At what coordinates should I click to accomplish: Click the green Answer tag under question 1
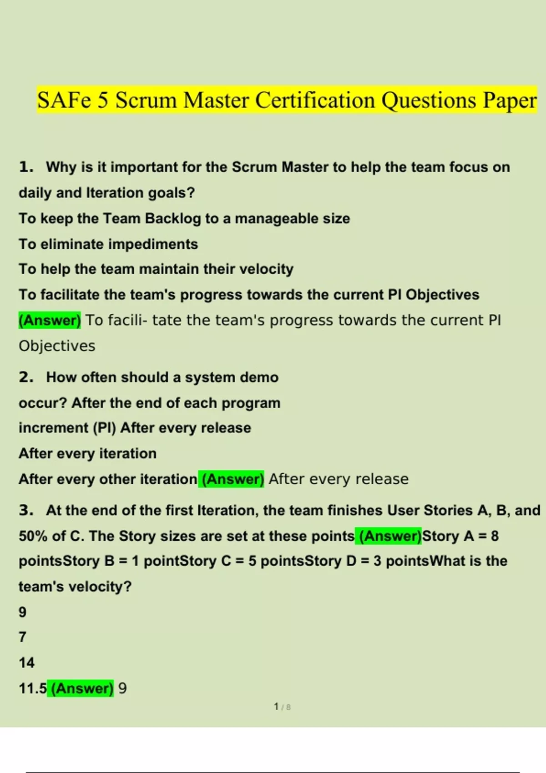50,320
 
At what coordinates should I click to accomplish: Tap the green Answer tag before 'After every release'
231,479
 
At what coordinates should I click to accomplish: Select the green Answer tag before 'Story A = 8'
390,536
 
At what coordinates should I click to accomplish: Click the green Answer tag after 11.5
81,688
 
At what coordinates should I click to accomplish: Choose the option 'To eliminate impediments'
108,244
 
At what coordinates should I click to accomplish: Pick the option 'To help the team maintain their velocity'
156,269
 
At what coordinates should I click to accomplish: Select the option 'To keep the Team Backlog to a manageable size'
184,219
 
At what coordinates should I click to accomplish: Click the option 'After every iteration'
87,453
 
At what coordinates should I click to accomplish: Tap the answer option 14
26,663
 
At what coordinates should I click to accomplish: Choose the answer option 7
22,637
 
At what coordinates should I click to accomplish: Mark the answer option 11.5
32,688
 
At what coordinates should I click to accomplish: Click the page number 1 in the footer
276,707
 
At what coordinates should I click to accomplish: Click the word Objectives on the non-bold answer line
57,346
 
